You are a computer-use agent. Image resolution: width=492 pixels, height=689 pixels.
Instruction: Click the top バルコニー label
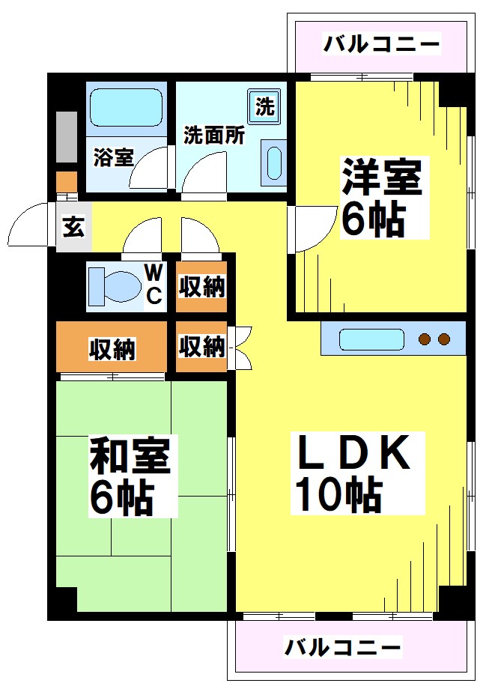pos(381,44)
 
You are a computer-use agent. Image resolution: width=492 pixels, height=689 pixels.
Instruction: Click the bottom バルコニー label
pos(344,646)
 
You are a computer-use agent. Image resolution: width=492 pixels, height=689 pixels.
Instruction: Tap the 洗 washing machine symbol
pos(265,106)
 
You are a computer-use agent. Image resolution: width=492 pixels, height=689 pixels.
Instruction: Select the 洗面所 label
pos(214,136)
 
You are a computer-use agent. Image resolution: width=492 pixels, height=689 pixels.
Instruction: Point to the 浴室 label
pos(114,158)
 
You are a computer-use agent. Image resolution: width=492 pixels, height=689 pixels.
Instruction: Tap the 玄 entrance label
pos(73,226)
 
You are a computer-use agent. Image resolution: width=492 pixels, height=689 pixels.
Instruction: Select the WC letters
pos(154,284)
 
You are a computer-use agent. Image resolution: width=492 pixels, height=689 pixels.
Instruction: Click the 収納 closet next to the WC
pos(202,286)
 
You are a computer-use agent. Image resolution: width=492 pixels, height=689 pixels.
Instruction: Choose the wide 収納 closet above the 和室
pos(112,348)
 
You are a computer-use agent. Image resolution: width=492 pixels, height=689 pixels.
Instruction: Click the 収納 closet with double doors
pos(202,346)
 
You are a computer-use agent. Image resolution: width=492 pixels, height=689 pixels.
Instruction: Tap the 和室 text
pos(130,455)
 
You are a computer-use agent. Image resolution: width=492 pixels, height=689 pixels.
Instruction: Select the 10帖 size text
pos(338,494)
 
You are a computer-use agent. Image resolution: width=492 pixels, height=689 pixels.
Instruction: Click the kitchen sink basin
pos(371,339)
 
